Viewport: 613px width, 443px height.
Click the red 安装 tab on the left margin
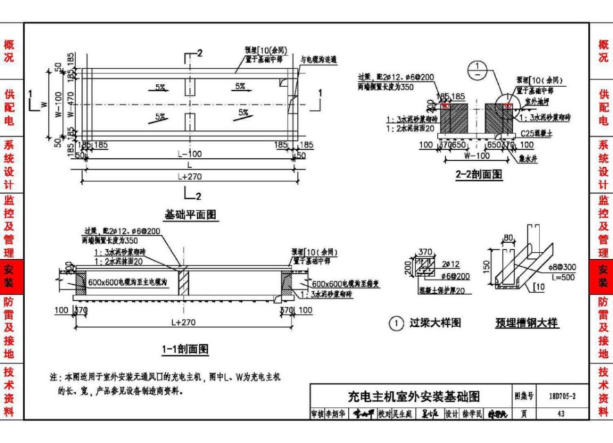point(9,276)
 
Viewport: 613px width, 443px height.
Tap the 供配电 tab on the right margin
point(603,107)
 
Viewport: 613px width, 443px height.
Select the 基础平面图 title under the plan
point(190,215)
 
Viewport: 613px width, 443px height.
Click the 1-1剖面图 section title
point(185,349)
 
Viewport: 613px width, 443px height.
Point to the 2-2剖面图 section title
point(479,174)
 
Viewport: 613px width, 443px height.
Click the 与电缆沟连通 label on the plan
point(319,59)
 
